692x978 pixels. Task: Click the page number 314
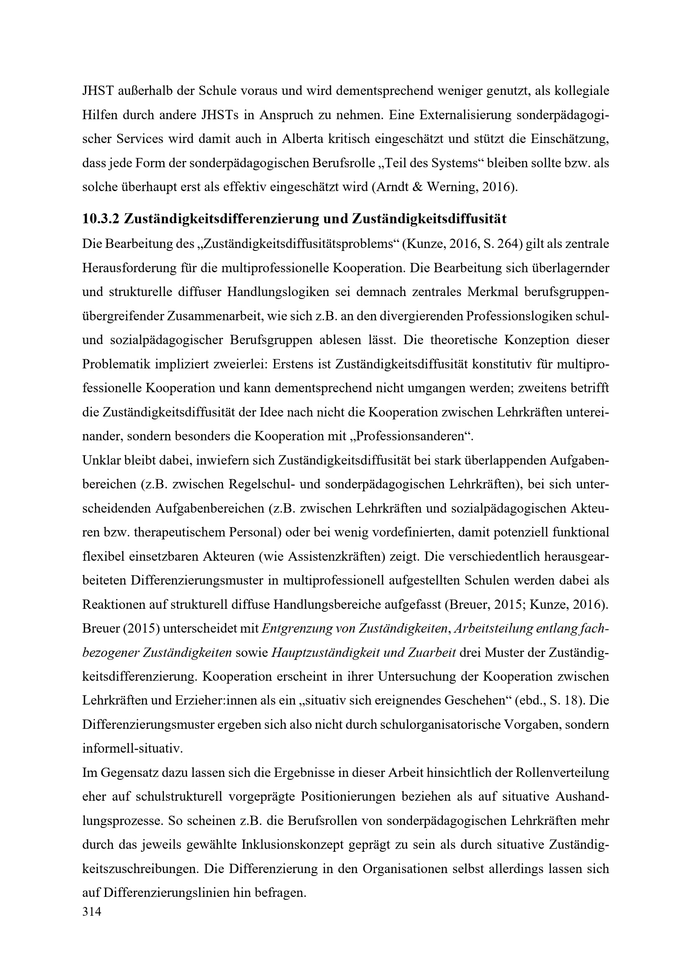(x=92, y=912)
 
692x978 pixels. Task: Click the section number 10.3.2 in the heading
(x=100, y=219)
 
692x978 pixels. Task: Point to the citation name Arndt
(x=395, y=187)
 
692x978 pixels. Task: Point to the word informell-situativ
(x=132, y=749)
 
